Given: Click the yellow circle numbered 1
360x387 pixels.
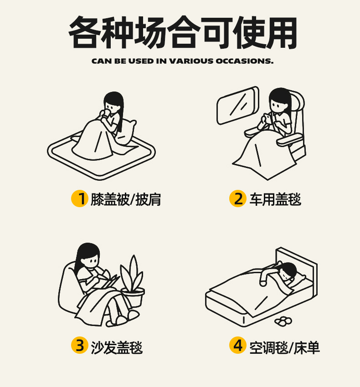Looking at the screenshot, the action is click(x=80, y=199).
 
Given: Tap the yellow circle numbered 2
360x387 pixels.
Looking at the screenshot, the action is click(x=238, y=199).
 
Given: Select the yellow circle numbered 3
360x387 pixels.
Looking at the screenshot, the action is click(x=80, y=345).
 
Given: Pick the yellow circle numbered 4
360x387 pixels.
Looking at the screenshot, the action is click(x=238, y=345).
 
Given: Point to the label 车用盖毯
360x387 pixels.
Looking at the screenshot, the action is click(x=275, y=199).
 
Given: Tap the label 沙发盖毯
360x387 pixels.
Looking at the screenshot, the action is click(x=117, y=347).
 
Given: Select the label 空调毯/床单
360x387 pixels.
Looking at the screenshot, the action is click(x=285, y=347).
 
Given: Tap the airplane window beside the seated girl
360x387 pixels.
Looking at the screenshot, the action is click(x=238, y=105).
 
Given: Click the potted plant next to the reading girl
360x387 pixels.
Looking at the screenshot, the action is click(x=133, y=281).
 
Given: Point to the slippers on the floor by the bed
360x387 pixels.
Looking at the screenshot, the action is click(x=283, y=321).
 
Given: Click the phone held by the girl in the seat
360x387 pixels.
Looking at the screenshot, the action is click(x=267, y=118).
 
